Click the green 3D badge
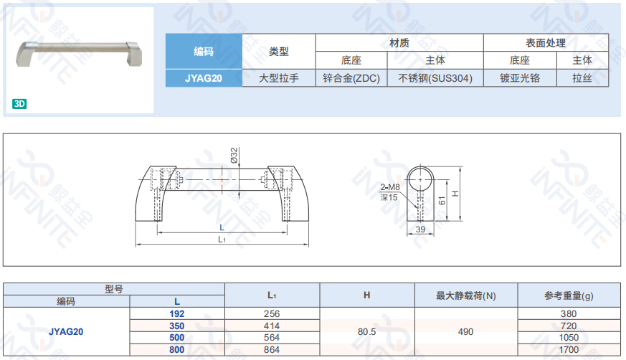(x=19, y=104)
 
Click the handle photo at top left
(x=79, y=54)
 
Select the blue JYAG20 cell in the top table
(x=204, y=78)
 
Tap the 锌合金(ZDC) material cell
(x=351, y=78)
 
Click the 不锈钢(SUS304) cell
(x=435, y=78)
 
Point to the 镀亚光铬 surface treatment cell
(x=520, y=78)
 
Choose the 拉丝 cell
(x=582, y=78)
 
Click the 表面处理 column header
(x=546, y=43)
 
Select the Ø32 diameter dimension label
(x=234, y=155)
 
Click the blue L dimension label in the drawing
(x=222, y=227)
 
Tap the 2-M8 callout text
(x=390, y=186)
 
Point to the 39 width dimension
(x=420, y=229)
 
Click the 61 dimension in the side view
(x=442, y=200)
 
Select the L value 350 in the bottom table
(x=177, y=326)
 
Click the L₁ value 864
(x=272, y=350)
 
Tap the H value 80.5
(x=367, y=331)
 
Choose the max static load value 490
(x=466, y=331)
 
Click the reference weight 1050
(x=569, y=338)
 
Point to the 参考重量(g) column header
(x=569, y=295)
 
